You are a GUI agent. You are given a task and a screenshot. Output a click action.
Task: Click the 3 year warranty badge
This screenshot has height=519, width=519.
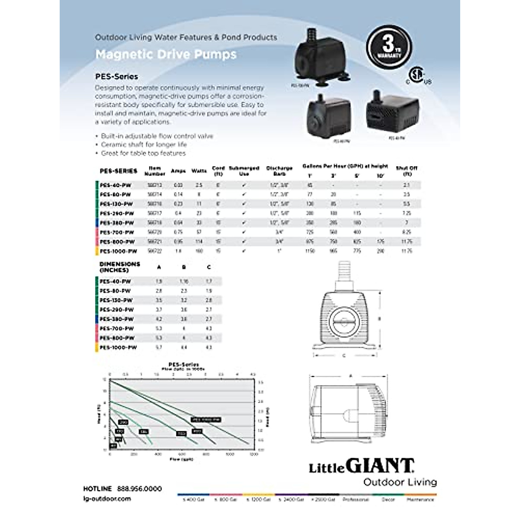pyautogui.click(x=389, y=47)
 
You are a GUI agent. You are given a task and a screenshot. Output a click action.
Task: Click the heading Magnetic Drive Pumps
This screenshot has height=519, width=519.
pyautogui.click(x=166, y=54)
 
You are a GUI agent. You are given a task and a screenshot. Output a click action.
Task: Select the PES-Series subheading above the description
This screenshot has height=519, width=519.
pyautogui.click(x=117, y=77)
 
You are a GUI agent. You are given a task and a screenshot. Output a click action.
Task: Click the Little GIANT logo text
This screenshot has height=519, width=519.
pyautogui.click(x=361, y=466)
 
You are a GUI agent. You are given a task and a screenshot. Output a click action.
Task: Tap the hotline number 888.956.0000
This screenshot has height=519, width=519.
pyautogui.click(x=139, y=489)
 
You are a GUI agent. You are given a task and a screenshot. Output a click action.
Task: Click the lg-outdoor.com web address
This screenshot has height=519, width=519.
pyautogui.click(x=106, y=499)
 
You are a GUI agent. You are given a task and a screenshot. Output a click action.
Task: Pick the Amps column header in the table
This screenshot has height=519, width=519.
pyautogui.click(x=178, y=171)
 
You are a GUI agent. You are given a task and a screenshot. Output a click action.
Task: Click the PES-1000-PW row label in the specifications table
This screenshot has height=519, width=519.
pyautogui.click(x=118, y=251)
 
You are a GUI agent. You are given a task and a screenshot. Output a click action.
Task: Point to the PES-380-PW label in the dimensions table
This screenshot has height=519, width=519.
pyautogui.click(x=117, y=319)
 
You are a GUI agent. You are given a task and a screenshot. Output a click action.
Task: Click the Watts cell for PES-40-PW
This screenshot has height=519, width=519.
pyautogui.click(x=199, y=185)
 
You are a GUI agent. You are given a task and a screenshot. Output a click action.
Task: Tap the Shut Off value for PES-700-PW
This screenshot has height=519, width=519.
pyautogui.click(x=407, y=232)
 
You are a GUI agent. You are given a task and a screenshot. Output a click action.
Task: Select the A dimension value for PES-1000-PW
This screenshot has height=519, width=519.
pyautogui.click(x=159, y=348)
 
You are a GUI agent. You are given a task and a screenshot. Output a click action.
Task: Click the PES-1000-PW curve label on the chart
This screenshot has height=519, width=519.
pyautogui.click(x=206, y=420)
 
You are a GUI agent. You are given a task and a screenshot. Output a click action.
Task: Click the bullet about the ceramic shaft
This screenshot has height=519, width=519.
pyautogui.click(x=144, y=144)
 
